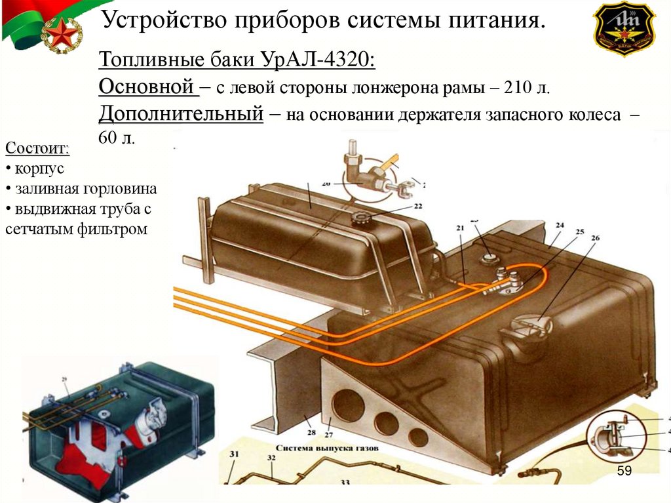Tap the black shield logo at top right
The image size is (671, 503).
(624, 28)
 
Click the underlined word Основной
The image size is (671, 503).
(146, 87)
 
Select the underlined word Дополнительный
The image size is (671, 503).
(182, 114)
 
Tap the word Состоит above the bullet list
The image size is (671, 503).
(37, 148)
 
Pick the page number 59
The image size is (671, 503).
(624, 471)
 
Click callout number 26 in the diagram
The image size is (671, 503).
(594, 239)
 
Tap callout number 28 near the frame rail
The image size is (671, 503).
(311, 432)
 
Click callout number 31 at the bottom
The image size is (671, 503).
(234, 454)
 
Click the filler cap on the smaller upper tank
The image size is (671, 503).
(362, 218)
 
